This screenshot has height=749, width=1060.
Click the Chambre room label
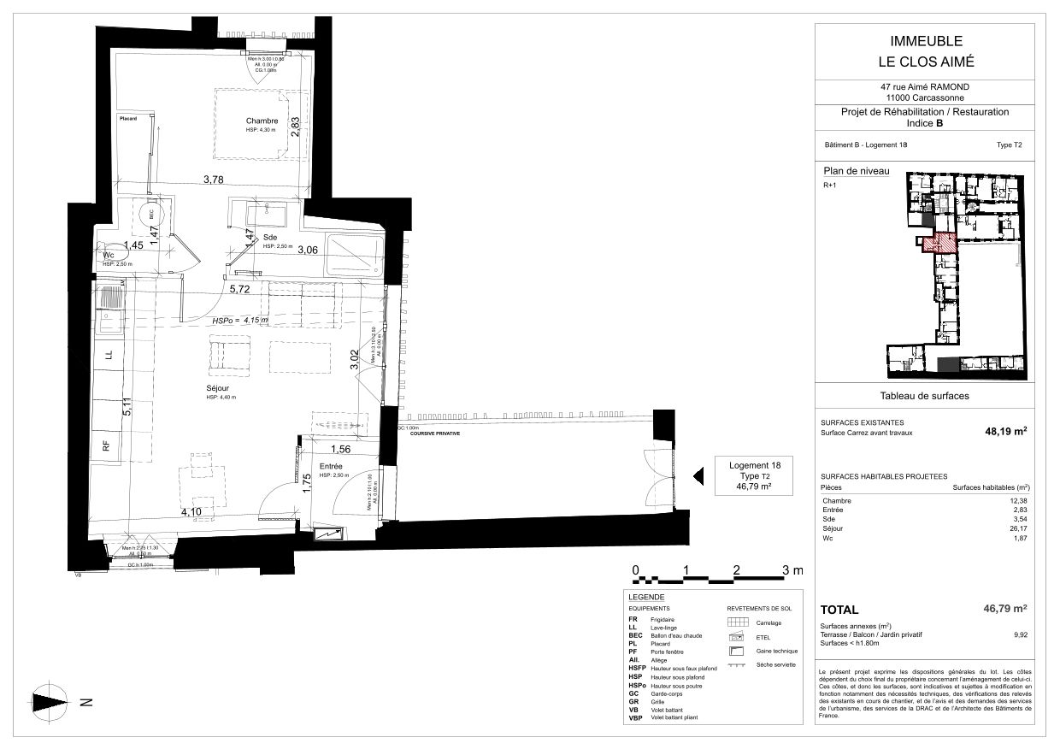click(262, 121)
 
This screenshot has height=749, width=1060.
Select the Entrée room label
click(330, 466)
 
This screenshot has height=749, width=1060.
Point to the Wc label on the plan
click(109, 255)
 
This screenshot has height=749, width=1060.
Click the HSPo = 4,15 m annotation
click(239, 321)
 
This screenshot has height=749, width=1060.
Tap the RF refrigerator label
click(107, 445)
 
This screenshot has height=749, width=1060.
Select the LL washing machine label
click(108, 353)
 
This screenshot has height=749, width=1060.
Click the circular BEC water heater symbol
click(152, 216)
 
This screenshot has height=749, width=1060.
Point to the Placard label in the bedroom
click(129, 119)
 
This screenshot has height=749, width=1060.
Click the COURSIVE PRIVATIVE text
click(434, 434)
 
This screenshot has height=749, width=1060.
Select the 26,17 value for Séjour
click(1018, 528)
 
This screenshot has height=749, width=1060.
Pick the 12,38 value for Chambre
click(1018, 500)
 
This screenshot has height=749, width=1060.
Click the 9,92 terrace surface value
click(1020, 635)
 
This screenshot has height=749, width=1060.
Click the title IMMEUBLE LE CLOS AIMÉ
click(927, 51)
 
